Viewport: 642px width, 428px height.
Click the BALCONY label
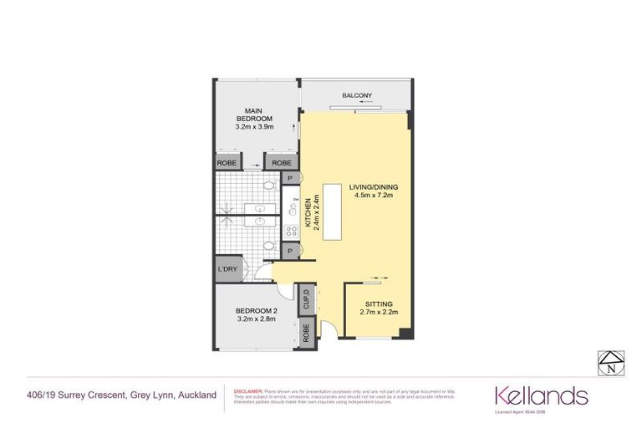click(357, 97)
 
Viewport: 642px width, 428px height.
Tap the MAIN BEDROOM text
click(255, 115)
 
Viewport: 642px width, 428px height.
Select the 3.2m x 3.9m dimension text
click(255, 128)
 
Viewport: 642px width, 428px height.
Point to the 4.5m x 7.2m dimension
click(373, 196)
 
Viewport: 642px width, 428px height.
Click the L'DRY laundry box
click(227, 269)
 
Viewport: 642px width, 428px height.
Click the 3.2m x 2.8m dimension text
click(256, 319)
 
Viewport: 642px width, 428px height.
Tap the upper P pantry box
click(290, 178)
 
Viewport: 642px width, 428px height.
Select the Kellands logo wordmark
click(541, 395)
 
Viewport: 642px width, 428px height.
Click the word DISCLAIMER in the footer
click(249, 390)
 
